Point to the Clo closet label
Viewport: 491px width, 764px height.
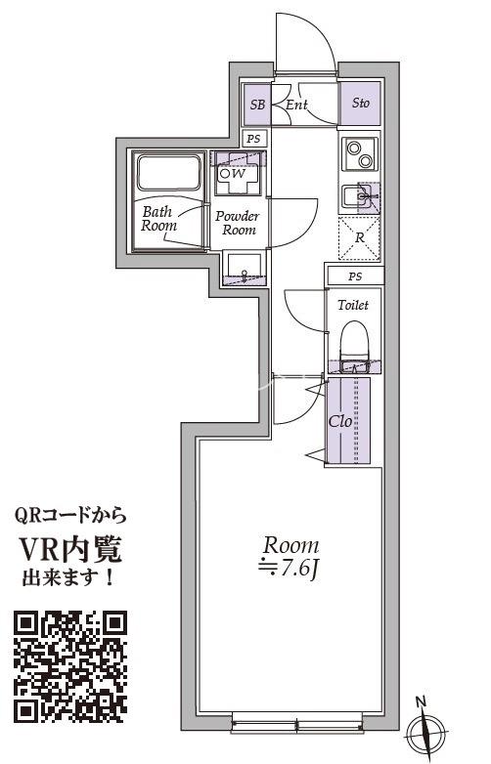pos(339,423)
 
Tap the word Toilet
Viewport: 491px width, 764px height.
pos(353,305)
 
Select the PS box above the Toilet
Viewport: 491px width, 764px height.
pos(353,276)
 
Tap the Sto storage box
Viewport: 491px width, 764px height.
pos(360,103)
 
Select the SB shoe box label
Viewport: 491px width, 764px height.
pos(257,104)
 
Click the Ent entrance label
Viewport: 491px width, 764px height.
pos(297,103)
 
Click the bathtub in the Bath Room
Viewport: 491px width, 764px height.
pos(169,175)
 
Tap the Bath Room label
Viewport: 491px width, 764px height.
pos(159,218)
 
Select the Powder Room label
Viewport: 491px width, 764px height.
pos(237,223)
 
